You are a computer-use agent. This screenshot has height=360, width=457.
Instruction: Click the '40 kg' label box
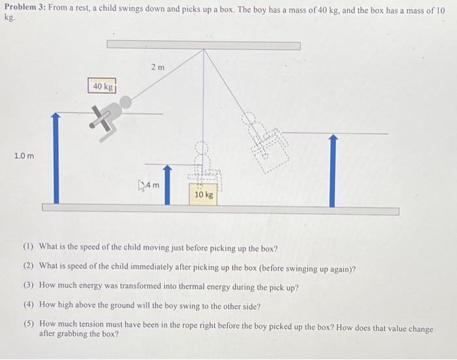tap(102, 86)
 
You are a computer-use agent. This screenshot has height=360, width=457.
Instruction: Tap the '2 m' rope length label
tap(158, 68)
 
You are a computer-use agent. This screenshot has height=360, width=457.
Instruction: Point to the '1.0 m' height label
tap(24, 156)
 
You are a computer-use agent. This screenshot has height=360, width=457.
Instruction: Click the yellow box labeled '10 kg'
tap(204, 194)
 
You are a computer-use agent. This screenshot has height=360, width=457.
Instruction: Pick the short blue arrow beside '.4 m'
tap(167, 185)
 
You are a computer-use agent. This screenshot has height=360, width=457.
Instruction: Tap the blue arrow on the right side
tap(333, 171)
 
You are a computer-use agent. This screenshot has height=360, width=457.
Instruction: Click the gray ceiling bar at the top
tap(204, 45)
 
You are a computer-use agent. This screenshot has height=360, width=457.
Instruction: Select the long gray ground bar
tap(220, 209)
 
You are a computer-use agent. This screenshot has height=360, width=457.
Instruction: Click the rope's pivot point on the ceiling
tap(204, 50)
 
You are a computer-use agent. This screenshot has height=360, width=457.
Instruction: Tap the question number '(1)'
tap(29, 248)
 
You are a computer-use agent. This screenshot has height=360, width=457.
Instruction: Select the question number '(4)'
tap(29, 306)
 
